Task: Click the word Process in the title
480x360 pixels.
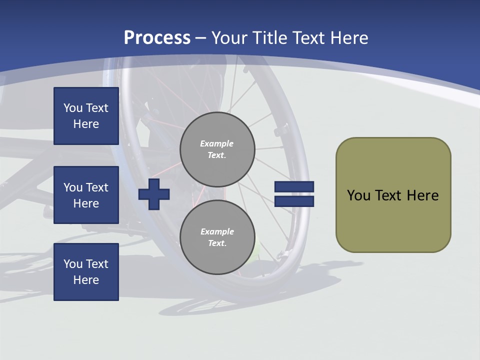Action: [x=157, y=37]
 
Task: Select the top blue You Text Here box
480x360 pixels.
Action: [x=86, y=116]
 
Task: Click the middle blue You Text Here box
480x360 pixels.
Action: [x=86, y=195]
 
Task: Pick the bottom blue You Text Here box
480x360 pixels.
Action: [x=86, y=271]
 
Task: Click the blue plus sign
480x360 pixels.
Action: [x=154, y=194]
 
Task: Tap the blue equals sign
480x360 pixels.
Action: [x=294, y=194]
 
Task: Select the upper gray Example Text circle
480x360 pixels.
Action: [x=217, y=149]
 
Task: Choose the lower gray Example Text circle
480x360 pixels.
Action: [x=217, y=237]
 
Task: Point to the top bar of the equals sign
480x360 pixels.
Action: [x=294, y=186]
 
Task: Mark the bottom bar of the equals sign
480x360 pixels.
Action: [x=294, y=201]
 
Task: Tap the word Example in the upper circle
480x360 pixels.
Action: [x=217, y=143]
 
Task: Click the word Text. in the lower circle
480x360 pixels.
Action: [x=217, y=243]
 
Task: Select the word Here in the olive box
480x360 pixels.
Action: [x=423, y=195]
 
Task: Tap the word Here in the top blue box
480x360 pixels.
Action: [x=86, y=124]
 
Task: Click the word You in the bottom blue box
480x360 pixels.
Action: [x=73, y=263]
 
